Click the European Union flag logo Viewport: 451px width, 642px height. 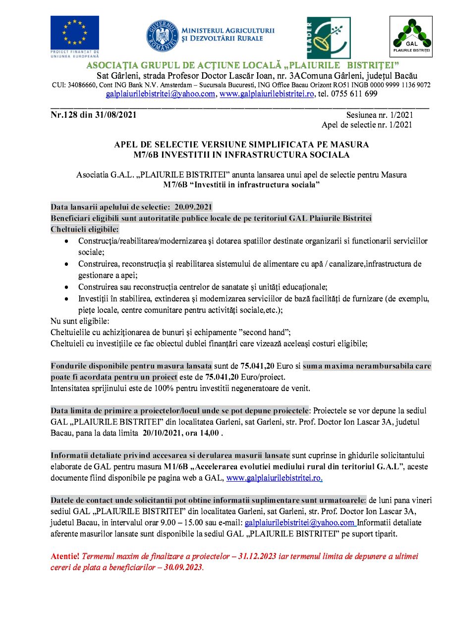point(74,33)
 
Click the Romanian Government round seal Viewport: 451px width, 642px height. point(162,36)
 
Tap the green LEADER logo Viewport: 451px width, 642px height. point(328,38)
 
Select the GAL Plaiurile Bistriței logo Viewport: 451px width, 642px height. point(411,37)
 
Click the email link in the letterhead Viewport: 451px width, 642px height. point(161,94)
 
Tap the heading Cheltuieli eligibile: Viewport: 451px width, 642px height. point(85,229)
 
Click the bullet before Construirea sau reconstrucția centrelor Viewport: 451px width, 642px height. point(67,287)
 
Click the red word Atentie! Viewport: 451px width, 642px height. point(65,556)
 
